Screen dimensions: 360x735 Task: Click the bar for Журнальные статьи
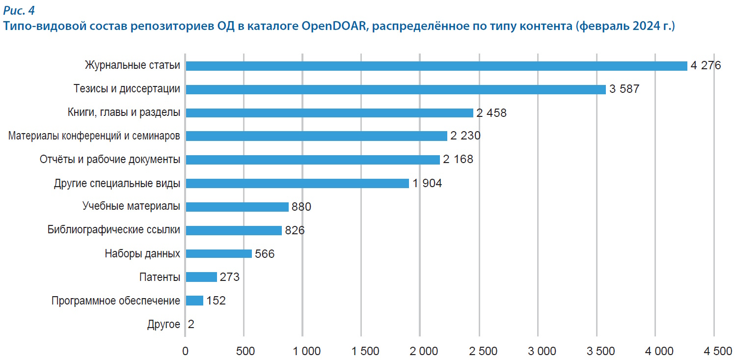click(x=436, y=66)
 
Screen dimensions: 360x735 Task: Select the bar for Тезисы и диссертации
click(x=395, y=89)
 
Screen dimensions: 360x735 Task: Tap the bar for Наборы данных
click(x=218, y=254)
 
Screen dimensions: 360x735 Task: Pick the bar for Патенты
click(x=201, y=277)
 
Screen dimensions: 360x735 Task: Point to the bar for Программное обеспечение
click(x=194, y=301)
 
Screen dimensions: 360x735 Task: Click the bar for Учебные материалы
click(x=237, y=207)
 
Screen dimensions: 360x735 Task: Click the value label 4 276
click(x=706, y=66)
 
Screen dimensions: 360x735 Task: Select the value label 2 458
click(x=491, y=113)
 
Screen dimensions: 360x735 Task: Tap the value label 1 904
click(x=427, y=184)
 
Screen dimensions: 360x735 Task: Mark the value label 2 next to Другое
click(x=191, y=324)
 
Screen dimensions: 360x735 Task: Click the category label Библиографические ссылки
click(x=114, y=230)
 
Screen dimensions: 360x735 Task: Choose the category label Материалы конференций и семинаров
click(x=94, y=136)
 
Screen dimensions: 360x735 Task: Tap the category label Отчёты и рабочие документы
click(x=109, y=160)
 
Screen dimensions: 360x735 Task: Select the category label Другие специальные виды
click(x=117, y=184)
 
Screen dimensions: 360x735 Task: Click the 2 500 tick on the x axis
click(x=479, y=351)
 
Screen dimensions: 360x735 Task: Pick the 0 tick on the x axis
click(x=185, y=351)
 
